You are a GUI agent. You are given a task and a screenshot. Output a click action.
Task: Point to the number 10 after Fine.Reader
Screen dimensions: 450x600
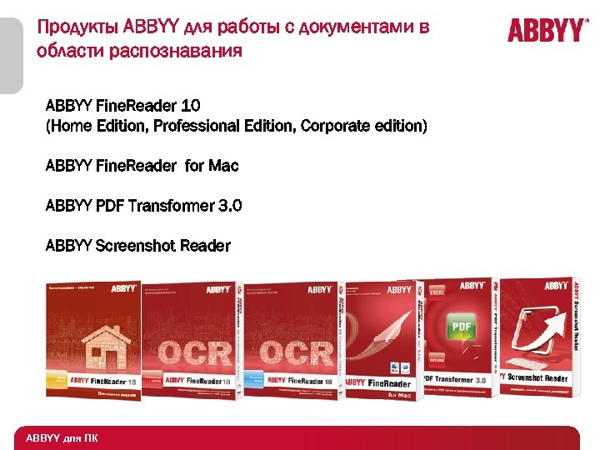tap(189, 106)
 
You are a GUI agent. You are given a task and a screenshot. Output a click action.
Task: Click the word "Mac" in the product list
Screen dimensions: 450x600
tap(223, 166)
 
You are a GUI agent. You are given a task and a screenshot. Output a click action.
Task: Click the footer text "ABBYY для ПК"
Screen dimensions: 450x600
tap(62, 438)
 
